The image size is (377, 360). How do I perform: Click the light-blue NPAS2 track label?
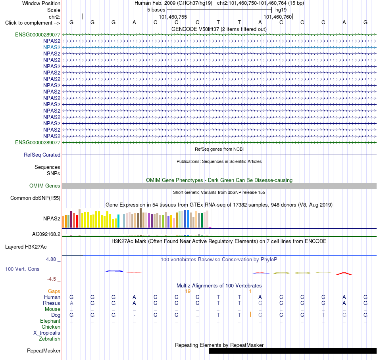tap(52, 47)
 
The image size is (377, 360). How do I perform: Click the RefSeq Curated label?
tap(42, 155)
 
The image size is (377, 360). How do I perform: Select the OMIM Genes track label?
tap(45, 186)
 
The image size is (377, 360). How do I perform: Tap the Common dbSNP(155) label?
tap(35, 198)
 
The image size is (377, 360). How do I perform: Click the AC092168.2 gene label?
tap(46, 234)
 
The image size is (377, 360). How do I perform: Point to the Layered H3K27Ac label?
tap(26, 247)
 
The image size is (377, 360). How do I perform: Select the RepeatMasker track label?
tap(44, 350)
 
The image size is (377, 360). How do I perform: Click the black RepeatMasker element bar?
tap(292, 350)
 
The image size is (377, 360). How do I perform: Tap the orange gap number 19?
tap(188, 291)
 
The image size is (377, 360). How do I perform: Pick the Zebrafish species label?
tap(50, 339)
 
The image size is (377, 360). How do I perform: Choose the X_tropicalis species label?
tap(47, 333)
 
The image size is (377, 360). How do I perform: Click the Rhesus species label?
tap(52, 303)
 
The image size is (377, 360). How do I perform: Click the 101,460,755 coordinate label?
tap(173, 17)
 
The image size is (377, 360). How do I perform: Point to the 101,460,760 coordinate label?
tap(278, 17)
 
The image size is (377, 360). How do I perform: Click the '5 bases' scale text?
tap(156, 10)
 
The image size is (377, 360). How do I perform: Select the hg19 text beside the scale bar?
tap(281, 10)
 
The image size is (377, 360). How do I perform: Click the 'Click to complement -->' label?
tap(33, 23)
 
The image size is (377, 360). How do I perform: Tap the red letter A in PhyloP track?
tap(344, 274)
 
